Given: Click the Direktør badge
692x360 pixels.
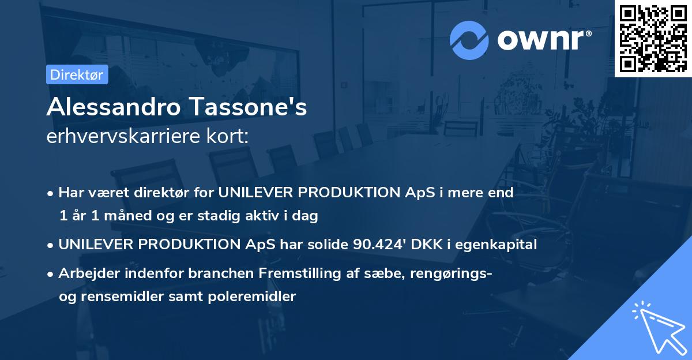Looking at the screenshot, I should [x=77, y=74].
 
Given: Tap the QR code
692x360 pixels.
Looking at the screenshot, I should [x=653, y=38].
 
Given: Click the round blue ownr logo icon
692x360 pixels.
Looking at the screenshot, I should [x=469, y=40].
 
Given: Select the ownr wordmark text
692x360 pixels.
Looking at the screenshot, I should [x=543, y=40].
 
